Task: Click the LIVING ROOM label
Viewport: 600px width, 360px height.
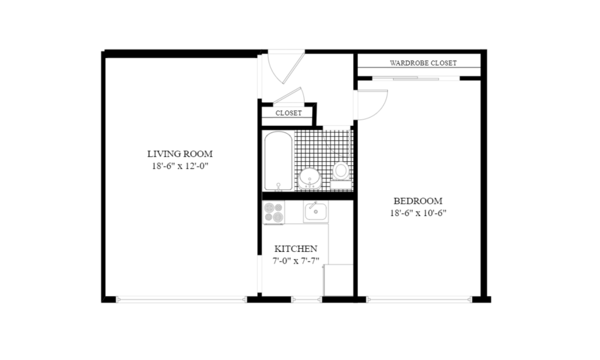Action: tap(180, 154)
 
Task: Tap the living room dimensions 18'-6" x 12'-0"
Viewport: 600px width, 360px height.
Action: tap(180, 166)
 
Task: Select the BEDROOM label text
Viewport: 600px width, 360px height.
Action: tap(418, 201)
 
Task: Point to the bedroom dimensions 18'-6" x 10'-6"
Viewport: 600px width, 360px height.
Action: tap(418, 213)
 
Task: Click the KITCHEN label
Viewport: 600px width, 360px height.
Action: tap(296, 249)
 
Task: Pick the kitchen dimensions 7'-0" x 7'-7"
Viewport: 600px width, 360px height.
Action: tap(296, 261)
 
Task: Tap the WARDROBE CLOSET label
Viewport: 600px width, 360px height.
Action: tap(423, 63)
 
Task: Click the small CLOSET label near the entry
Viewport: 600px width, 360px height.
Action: tap(288, 113)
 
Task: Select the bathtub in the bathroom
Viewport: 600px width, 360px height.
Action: tap(279, 161)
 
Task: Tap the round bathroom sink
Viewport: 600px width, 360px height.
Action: tap(310, 179)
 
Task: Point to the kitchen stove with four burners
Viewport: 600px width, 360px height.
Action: tap(274, 212)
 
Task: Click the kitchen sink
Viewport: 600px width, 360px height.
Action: tap(315, 212)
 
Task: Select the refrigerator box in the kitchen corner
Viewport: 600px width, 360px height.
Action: tap(339, 280)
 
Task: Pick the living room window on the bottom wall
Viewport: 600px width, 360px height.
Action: tap(181, 300)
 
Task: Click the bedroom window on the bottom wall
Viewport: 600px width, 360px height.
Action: tap(419, 300)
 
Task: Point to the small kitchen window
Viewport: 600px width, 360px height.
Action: tap(306, 300)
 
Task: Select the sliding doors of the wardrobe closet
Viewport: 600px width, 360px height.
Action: tap(416, 78)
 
